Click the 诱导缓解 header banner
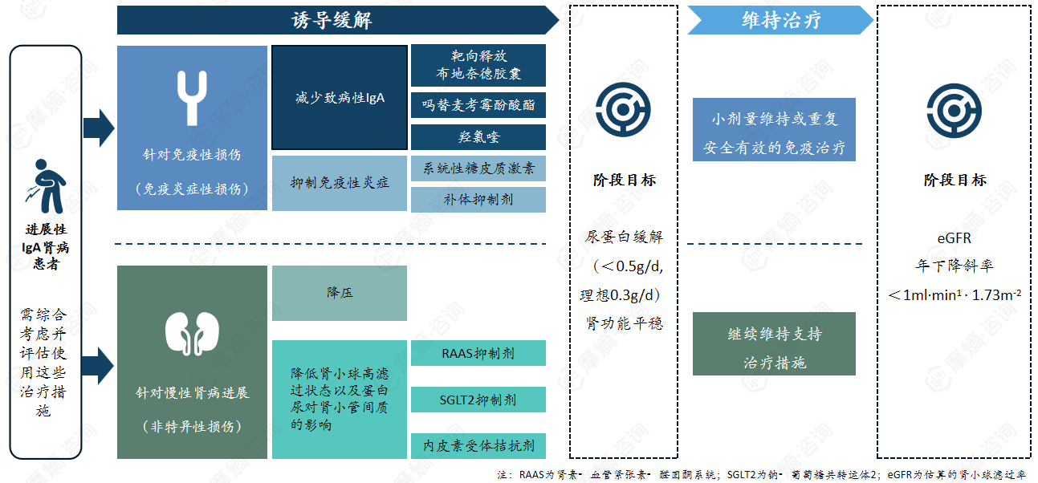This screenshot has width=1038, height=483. pos(332,20)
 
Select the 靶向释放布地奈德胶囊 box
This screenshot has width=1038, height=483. pos(478,65)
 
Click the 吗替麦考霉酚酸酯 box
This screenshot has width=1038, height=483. pos(478,104)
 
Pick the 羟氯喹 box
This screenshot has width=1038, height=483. pos(478,137)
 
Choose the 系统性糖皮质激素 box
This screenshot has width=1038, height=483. pos(478,168)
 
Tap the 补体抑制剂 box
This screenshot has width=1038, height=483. pos(478,199)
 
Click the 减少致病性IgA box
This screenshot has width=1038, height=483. pos(340,98)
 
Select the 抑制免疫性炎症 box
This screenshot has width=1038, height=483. pos(340,183)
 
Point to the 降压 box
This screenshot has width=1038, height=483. pos(340,293)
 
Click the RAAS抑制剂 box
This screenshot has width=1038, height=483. pos(478,353)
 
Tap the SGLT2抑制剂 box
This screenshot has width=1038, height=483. pos(478,400)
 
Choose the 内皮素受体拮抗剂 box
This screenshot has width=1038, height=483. pos(478,445)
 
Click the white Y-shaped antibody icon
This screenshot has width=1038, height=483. pos(191,98)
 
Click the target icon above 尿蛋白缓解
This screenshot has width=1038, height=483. pos(623,109)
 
